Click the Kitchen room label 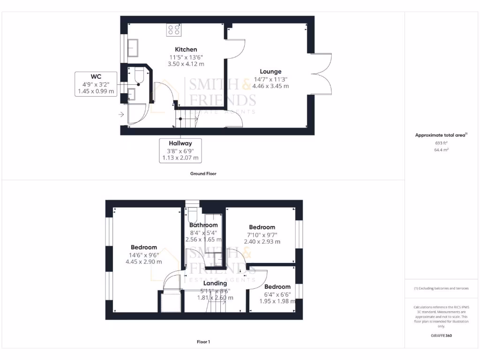point(186,49)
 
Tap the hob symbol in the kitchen point(174,30)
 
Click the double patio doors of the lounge point(321,74)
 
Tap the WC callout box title point(96,76)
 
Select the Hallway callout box point(181,150)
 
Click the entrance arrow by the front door point(121,114)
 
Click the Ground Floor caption point(203,173)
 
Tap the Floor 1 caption point(203,342)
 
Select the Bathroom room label point(203,225)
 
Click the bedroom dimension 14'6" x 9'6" point(144,255)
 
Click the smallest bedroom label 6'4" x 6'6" point(277,294)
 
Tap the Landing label point(215,283)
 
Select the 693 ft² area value point(441,142)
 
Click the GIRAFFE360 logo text point(441,336)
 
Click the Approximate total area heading point(441,135)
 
